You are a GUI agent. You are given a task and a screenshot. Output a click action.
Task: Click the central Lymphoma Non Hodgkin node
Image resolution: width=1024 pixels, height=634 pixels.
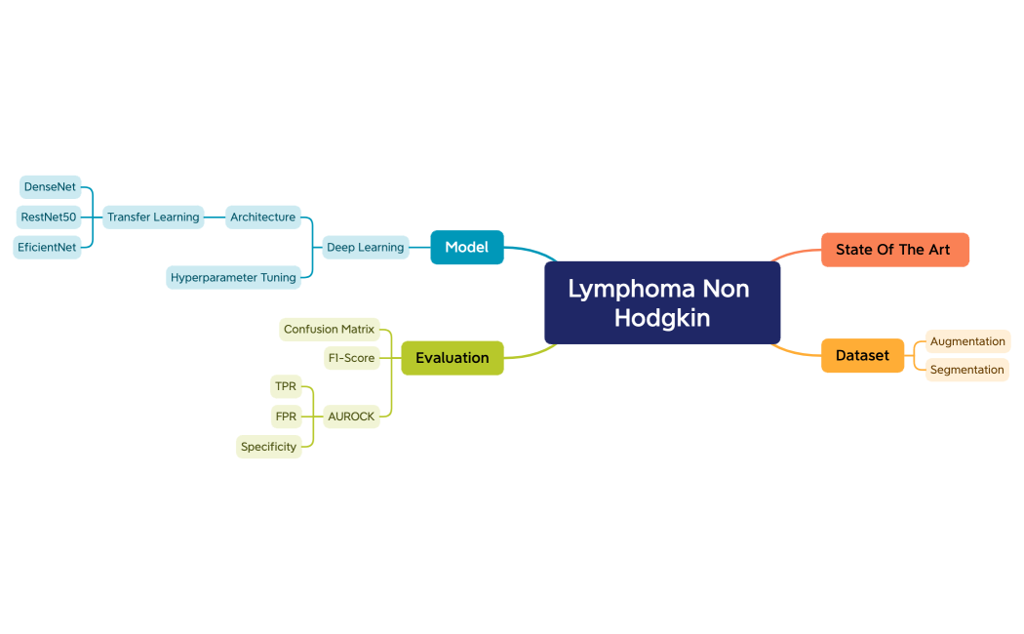[x=662, y=303]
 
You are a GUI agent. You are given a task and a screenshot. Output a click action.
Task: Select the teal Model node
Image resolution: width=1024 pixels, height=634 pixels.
[x=466, y=248]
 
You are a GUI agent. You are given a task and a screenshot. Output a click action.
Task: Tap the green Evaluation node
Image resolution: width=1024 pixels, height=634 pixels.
[x=452, y=358]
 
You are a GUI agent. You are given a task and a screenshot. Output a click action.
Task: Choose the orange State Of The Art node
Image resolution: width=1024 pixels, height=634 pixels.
[x=893, y=250]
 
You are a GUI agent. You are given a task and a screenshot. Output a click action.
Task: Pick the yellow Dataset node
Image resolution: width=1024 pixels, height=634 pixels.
[x=862, y=356]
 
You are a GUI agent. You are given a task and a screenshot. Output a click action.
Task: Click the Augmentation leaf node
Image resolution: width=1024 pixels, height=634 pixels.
[x=967, y=341]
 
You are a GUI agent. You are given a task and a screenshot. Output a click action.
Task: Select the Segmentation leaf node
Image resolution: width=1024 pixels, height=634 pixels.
[x=966, y=370]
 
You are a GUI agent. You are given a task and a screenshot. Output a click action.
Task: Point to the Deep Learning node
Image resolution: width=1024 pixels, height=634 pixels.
[x=365, y=248]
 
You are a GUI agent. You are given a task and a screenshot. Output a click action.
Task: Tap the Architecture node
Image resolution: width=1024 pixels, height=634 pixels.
[x=262, y=217]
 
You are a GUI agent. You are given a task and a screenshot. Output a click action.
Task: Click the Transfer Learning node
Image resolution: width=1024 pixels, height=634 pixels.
[x=153, y=217]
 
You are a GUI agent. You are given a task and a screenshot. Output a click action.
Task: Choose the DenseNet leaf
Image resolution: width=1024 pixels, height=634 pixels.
[x=50, y=186]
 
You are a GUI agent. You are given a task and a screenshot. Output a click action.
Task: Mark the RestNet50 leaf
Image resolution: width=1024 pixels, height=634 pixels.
[x=49, y=217]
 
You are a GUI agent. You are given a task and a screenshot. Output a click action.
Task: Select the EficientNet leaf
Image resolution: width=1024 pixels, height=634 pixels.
[x=47, y=247]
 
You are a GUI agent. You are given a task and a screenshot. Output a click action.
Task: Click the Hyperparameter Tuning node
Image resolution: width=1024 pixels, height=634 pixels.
[x=233, y=277]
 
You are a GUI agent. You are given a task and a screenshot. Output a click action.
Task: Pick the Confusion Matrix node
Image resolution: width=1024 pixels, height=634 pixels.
[x=329, y=330]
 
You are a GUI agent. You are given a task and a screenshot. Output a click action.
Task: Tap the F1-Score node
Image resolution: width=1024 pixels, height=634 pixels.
[x=351, y=358]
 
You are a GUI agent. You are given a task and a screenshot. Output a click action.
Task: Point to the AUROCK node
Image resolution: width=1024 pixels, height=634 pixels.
[x=351, y=416]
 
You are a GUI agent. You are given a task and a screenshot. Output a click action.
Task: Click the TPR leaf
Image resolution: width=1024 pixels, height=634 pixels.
[x=286, y=386]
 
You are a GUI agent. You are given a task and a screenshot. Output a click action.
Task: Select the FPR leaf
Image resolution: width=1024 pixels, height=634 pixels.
[x=286, y=416]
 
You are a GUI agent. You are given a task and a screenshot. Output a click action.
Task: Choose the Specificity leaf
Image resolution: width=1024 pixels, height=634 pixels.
[x=268, y=447]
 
